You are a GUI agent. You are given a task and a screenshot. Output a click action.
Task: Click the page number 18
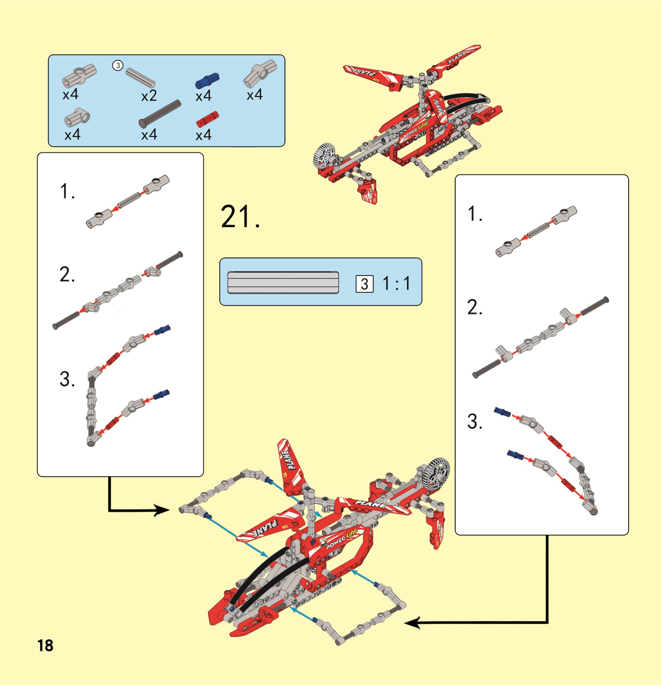click(45, 645)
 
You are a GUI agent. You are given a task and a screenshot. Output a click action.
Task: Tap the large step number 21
click(240, 217)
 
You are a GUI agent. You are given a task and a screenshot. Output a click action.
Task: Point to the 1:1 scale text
click(396, 283)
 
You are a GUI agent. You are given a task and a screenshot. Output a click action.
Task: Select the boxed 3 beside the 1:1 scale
click(364, 284)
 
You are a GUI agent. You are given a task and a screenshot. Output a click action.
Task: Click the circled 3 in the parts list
click(118, 66)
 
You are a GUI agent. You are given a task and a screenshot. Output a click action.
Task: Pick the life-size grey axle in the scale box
click(283, 283)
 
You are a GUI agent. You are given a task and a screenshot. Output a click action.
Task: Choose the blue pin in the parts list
click(207, 80)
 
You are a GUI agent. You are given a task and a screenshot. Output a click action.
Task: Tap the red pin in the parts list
click(208, 119)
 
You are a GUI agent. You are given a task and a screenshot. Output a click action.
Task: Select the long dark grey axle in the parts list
click(160, 114)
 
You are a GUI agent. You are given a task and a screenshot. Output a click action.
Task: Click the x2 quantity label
click(149, 96)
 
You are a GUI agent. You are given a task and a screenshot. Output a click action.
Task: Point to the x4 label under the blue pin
click(203, 96)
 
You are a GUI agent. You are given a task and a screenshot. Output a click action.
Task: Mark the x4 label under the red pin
click(203, 135)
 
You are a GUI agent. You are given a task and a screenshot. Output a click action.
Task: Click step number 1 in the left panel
click(67, 191)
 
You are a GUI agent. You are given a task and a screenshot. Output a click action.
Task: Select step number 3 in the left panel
click(67, 379)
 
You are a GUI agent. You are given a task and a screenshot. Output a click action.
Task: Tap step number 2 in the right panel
click(474, 307)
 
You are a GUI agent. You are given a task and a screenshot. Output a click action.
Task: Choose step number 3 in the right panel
click(474, 422)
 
